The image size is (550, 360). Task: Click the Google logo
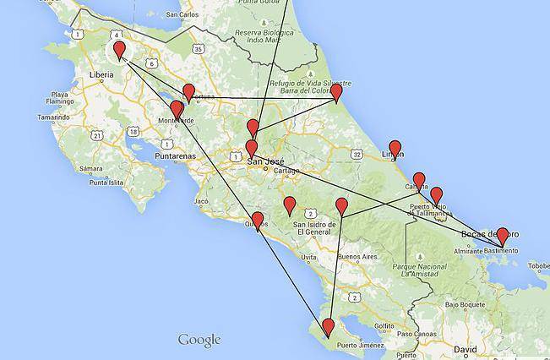coord(199,340)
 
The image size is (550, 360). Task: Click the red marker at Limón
coord(395,149)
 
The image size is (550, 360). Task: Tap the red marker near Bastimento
coord(502,236)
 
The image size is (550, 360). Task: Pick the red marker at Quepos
coord(258,221)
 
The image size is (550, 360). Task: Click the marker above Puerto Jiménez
coord(327,326)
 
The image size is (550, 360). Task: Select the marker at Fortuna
coord(188,92)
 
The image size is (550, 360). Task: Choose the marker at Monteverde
coord(177,109)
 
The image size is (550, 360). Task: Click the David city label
coord(465,348)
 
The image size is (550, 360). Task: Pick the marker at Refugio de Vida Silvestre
coord(335,92)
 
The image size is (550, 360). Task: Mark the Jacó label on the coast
coord(201,202)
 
